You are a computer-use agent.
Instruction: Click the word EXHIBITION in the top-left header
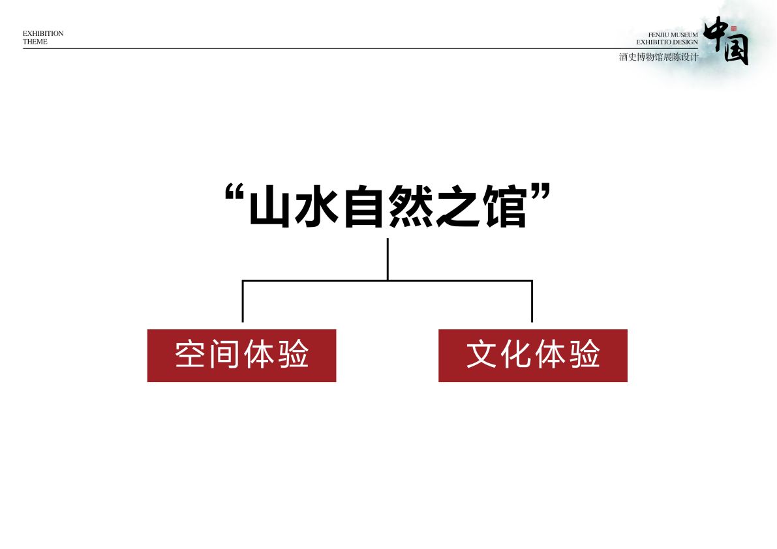click(43, 33)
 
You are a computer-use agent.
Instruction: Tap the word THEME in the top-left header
click(35, 42)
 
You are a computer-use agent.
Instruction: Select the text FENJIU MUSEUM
click(673, 35)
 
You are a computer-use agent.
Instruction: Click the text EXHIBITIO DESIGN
click(667, 42)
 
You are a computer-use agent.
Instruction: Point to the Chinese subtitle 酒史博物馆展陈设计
click(658, 57)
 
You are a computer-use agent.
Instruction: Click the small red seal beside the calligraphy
click(733, 29)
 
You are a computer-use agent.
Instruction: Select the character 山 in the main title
click(269, 206)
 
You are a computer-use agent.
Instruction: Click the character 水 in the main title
click(316, 206)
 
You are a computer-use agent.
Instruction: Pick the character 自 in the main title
click(363, 206)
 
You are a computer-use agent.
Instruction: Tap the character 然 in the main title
click(409, 206)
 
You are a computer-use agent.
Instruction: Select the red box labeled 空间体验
click(242, 355)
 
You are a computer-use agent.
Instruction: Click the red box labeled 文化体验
click(533, 355)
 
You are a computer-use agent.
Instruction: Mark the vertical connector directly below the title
click(388, 260)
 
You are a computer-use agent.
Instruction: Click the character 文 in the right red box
click(481, 355)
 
